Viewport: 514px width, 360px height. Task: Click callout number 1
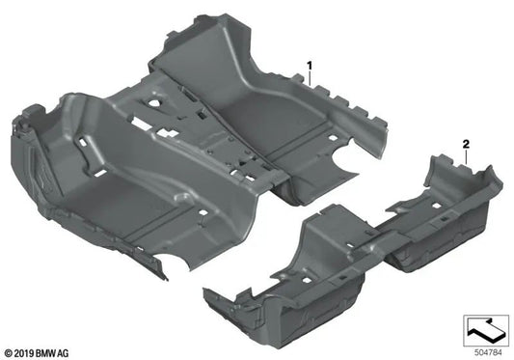(x=311, y=65)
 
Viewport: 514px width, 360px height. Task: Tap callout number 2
(x=466, y=144)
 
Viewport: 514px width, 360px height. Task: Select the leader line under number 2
(x=466, y=154)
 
